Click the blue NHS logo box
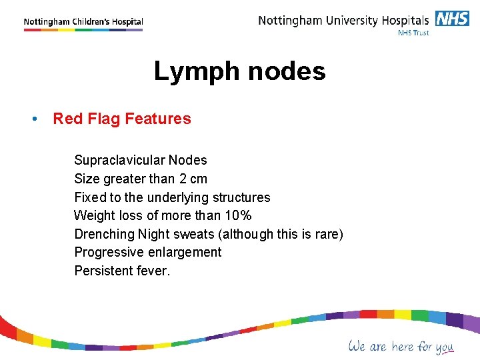pyautogui.click(x=453, y=19)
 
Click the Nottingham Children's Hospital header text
pyautogui.click(x=83, y=22)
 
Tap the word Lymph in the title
pyautogui.click(x=193, y=71)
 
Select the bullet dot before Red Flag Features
pyautogui.click(x=33, y=119)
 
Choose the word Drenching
pyautogui.click(x=104, y=234)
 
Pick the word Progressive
pyautogui.click(x=109, y=253)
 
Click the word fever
pyautogui.click(x=154, y=271)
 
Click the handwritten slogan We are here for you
pyautogui.click(x=401, y=347)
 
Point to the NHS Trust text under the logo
pyautogui.click(x=413, y=33)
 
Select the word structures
pyautogui.click(x=241, y=197)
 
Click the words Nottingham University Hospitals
pyautogui.click(x=343, y=20)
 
